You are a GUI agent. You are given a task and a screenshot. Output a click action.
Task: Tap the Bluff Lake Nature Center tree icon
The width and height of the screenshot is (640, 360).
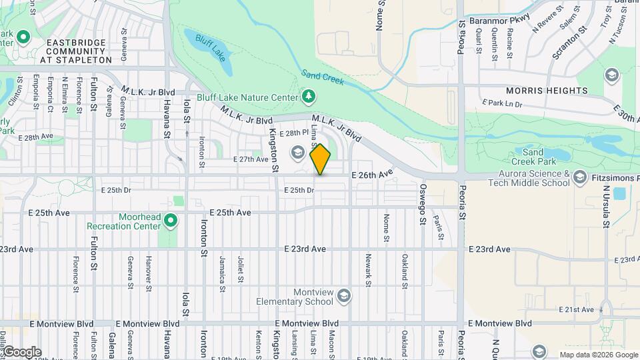pos(308,97)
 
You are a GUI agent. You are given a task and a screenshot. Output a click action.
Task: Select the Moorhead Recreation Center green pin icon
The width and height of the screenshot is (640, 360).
pos(171,219)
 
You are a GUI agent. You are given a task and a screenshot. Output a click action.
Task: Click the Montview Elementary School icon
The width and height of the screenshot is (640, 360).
pos(344,295)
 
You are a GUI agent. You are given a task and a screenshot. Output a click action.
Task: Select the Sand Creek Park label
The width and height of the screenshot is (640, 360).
pos(537,157)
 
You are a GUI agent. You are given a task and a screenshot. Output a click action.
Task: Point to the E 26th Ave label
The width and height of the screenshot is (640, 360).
pos(372,174)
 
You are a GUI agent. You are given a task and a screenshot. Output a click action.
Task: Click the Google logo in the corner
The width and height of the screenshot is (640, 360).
pos(21,351)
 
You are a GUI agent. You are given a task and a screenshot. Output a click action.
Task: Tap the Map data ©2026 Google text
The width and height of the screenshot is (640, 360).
pos(598,355)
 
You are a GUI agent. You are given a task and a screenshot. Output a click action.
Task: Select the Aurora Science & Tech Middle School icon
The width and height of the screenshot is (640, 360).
pos(581,178)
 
